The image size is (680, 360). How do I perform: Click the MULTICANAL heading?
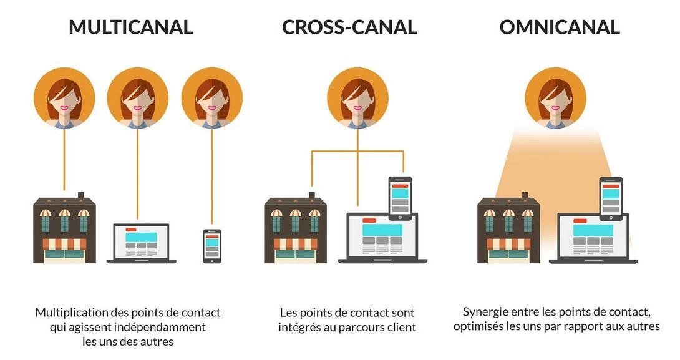pos(130,27)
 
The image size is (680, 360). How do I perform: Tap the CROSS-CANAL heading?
pos(349,27)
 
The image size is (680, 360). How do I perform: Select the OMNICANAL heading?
pos(560,27)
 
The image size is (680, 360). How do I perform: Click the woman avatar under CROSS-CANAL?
pos(358,98)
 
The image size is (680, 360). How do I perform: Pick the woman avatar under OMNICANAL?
pos(555,98)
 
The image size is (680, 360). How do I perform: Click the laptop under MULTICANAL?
pos(142,243)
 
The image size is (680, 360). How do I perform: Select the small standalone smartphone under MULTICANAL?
pos(212,246)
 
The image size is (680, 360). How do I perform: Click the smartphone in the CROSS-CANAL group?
pos(400,198)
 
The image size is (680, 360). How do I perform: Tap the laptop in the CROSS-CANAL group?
pos(382,238)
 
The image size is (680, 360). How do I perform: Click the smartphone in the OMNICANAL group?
pos(611,198)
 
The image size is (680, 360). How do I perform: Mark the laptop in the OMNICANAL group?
pos(593,238)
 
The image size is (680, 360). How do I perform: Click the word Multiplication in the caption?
pos(72,313)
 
